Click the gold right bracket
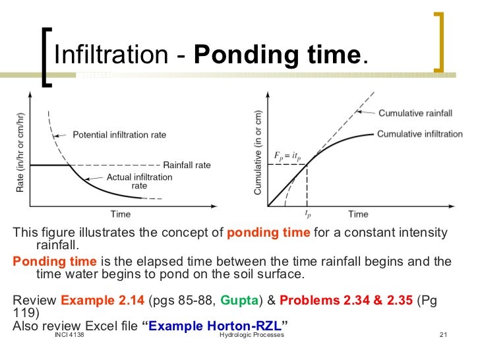[438, 40]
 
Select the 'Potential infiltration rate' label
[119, 135]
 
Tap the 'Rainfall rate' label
[187, 165]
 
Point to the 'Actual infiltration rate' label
[139, 181]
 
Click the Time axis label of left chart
[120, 214]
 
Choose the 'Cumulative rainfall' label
[414, 113]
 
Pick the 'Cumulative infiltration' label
[419, 134]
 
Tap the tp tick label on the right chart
[307, 214]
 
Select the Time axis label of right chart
[358, 214]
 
